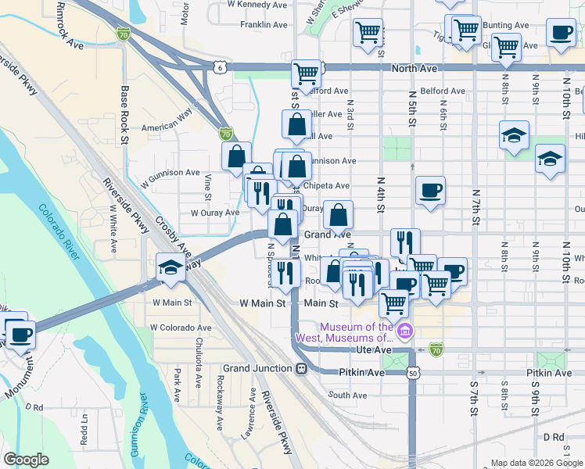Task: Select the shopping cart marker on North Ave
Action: [x=307, y=74]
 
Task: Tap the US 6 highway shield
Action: [x=222, y=68]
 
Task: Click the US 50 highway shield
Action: [x=412, y=373]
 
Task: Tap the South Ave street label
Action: [x=347, y=395]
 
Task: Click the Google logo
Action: [x=27, y=460]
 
